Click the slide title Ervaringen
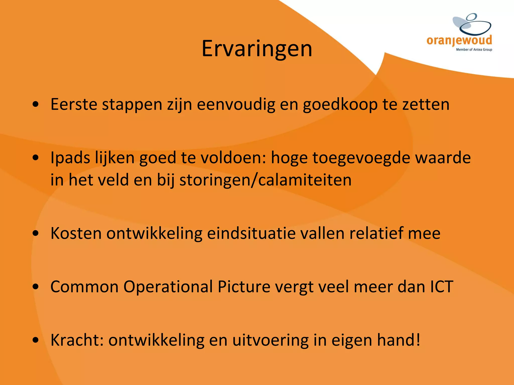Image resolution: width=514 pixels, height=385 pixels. click(257, 49)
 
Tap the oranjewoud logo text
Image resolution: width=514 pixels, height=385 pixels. click(459, 40)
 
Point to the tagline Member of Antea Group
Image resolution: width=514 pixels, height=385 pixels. click(474, 50)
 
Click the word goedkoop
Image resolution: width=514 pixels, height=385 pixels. click(340, 105)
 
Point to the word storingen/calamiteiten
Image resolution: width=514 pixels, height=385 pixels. click(265, 180)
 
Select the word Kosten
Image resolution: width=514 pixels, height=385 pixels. click(76, 233)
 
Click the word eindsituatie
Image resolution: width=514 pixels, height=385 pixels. click(251, 233)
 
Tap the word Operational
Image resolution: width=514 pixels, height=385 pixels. click(168, 286)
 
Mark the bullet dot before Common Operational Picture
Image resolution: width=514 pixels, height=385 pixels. click(36, 287)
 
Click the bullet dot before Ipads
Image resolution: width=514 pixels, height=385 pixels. click(36, 158)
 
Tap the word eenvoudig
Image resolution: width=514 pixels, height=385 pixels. click(236, 105)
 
